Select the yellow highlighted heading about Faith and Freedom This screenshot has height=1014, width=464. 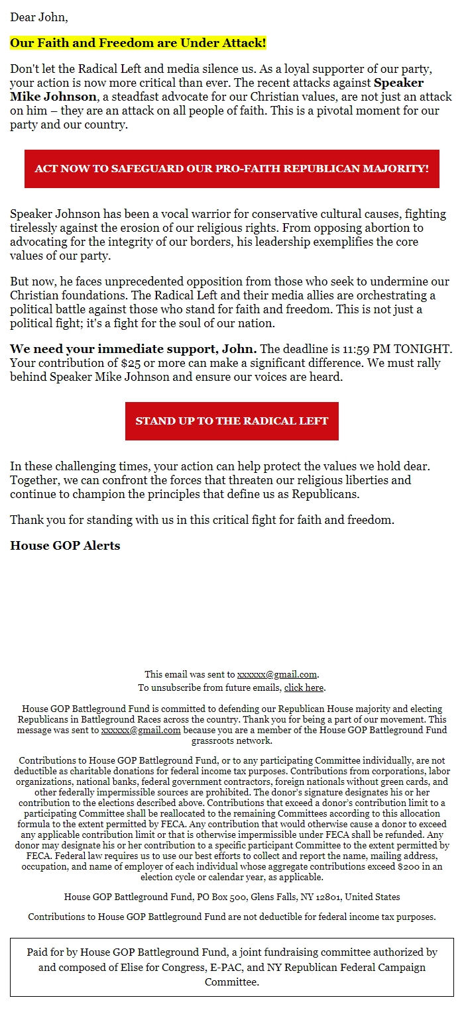[138, 44]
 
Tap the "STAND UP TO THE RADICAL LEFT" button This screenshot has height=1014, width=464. [232, 421]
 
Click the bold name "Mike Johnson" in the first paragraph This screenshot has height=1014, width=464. [52, 97]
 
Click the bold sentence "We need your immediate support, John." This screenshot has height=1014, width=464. [133, 349]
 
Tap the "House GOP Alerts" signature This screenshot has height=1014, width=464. [65, 546]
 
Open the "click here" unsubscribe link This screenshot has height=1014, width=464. [304, 687]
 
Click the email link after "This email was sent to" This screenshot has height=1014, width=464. [277, 674]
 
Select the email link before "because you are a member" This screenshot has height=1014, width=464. [141, 730]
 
